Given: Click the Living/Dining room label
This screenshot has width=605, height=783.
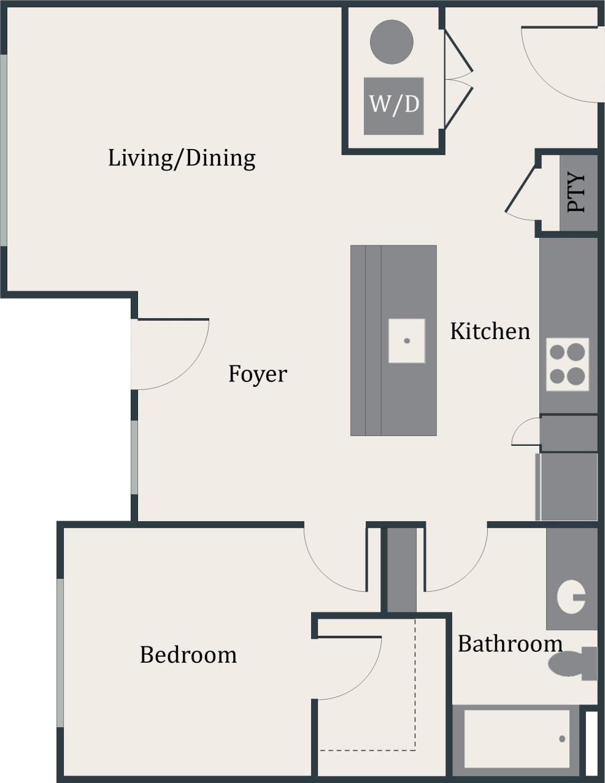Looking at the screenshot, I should coord(182,158).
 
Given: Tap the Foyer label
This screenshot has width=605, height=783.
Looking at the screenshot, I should coord(257,373).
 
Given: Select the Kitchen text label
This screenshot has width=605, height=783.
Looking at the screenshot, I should coord(490,331).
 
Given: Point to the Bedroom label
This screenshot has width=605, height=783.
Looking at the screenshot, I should coord(188,655).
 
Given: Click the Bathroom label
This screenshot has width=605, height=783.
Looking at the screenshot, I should coord(510,644).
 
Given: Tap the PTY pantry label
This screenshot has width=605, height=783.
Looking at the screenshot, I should coord(577,193).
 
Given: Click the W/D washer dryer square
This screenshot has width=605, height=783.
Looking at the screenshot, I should coord(394,105).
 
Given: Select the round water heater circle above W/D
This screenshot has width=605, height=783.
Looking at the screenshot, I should coord(391,42).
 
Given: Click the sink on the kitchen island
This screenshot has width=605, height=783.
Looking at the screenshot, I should coord(406,340).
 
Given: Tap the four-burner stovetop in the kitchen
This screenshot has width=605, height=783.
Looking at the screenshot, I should coord(567,364).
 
